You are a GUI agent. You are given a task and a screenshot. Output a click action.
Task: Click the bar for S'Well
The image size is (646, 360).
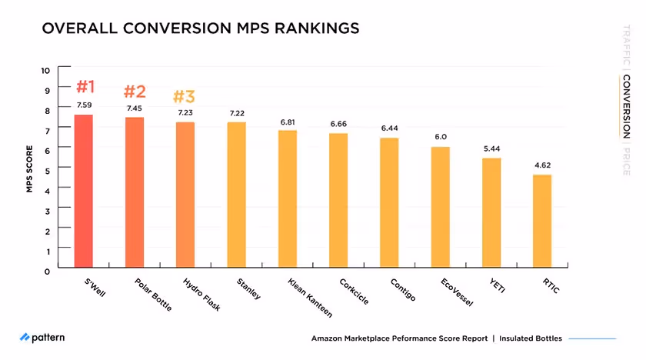point(83,192)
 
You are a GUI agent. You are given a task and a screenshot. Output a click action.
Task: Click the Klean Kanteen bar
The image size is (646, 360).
point(287,199)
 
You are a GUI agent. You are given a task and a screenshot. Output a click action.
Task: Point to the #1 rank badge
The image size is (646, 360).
point(85,85)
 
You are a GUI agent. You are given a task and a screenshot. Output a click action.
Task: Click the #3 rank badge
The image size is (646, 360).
point(184,97)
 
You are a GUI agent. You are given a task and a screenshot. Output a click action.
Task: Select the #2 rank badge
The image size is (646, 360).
point(135,92)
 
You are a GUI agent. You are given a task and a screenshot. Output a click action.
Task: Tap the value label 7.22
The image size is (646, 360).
point(237,114)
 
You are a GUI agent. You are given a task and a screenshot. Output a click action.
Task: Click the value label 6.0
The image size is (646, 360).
point(441,137)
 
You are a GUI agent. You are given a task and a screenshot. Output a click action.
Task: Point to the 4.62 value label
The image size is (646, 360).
point(542,165)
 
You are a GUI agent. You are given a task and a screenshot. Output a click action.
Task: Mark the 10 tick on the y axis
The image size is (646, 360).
point(45,70)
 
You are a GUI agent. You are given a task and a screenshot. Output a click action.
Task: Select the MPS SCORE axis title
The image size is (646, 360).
point(29,168)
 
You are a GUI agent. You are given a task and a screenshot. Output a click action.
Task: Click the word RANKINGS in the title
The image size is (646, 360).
point(311,28)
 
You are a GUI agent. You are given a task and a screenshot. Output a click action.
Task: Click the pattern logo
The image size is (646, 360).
point(42,337)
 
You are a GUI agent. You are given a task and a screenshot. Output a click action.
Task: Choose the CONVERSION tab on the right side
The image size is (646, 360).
point(627,108)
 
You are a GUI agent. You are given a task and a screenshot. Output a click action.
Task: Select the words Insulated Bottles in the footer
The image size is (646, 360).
point(531,338)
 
